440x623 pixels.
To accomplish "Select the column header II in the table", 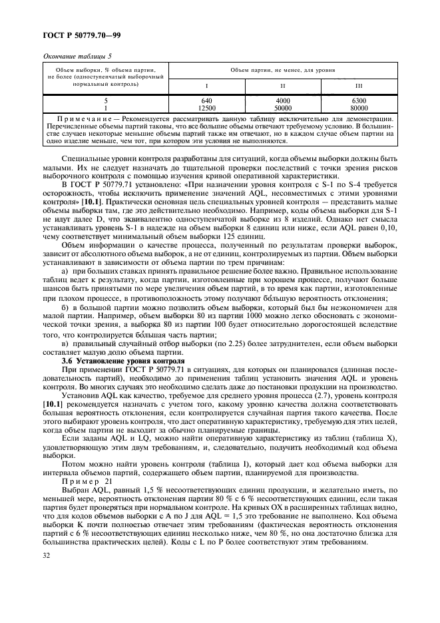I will pyautogui.click(x=282, y=86).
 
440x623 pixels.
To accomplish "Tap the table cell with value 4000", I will pyautogui.click(x=282, y=101).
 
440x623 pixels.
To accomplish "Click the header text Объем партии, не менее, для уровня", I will pyautogui.click(x=282, y=69).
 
